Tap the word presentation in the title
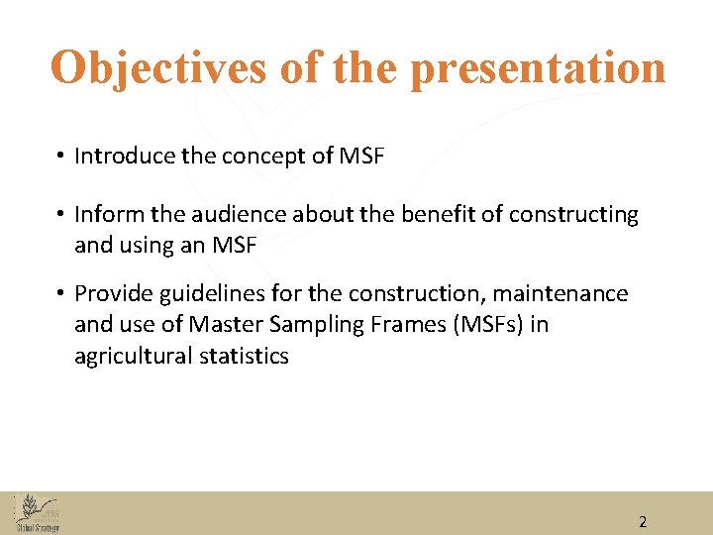click(538, 67)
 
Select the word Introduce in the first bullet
click(122, 156)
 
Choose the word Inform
click(104, 214)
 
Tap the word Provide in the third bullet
click(110, 293)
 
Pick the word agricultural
click(132, 356)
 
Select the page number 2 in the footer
click(643, 521)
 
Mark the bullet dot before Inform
click(60, 215)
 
